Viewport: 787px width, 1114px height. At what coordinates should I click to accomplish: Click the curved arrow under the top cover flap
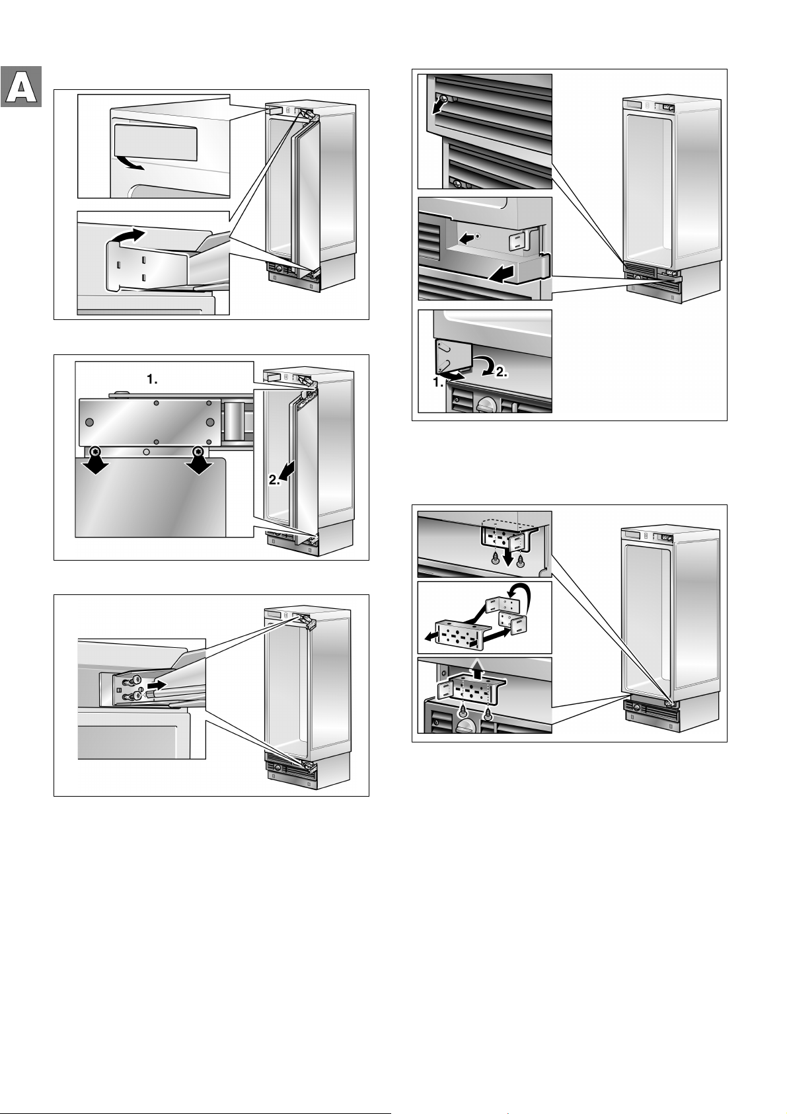pos(130,163)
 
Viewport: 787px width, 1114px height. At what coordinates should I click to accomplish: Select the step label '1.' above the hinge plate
pos(152,379)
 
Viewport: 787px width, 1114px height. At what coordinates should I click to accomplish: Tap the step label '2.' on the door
pos(275,480)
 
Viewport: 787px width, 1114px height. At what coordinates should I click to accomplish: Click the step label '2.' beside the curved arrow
pos(501,372)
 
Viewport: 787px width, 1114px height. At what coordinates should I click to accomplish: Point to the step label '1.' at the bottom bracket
pos(438,383)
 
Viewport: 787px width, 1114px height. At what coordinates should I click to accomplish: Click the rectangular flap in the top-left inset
pos(155,141)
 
